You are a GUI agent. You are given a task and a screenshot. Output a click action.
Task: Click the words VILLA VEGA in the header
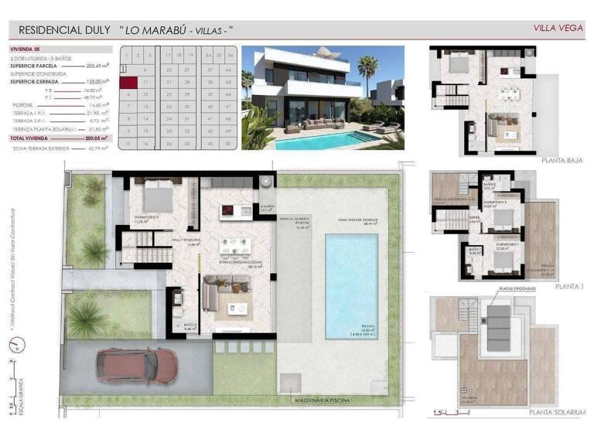[x=558, y=29]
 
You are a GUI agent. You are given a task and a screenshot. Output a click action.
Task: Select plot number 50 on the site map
[x=229, y=144]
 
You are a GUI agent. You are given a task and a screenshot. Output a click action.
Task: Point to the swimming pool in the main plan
[x=351, y=285]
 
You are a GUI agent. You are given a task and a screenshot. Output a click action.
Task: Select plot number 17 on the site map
[x=167, y=56]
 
